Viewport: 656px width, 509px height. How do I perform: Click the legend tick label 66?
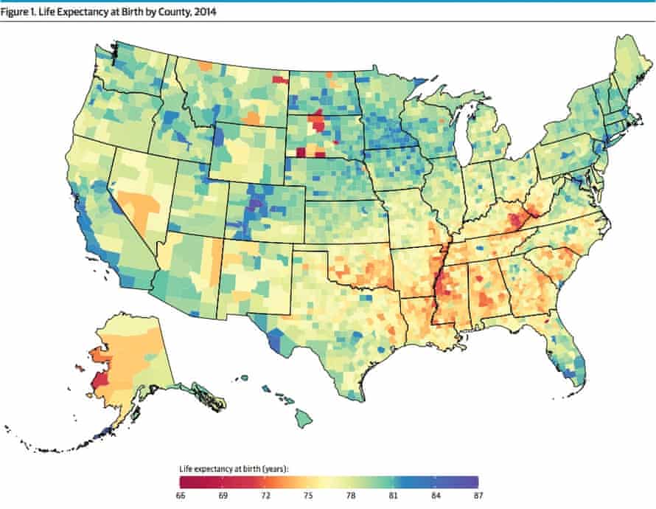click(181, 495)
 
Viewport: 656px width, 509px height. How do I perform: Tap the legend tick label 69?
click(223, 495)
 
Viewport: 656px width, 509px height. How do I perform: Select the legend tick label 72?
click(266, 495)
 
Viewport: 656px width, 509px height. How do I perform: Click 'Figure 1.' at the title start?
click(19, 8)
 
